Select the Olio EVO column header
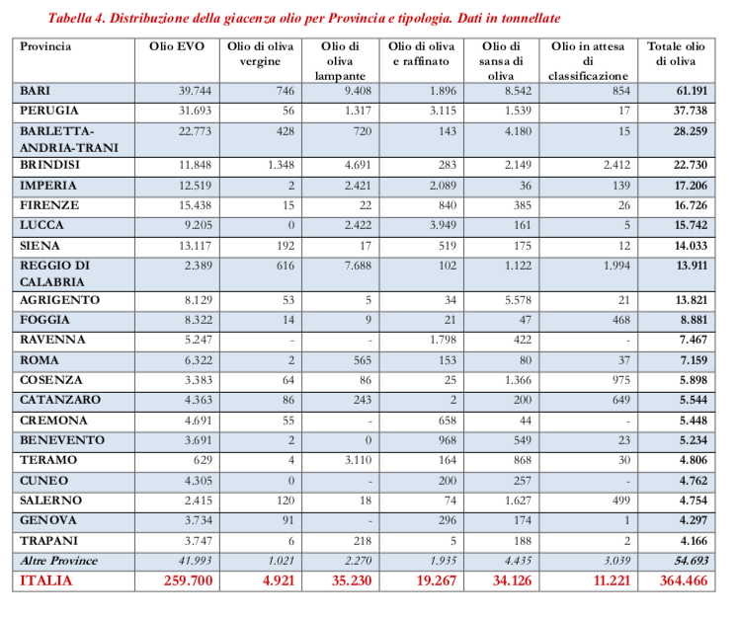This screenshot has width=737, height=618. click(x=176, y=46)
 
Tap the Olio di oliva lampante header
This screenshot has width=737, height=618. click(x=340, y=60)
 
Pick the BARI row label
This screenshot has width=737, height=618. click(x=36, y=91)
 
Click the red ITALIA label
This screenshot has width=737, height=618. click(x=46, y=581)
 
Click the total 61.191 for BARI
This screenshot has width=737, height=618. click(x=688, y=91)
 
